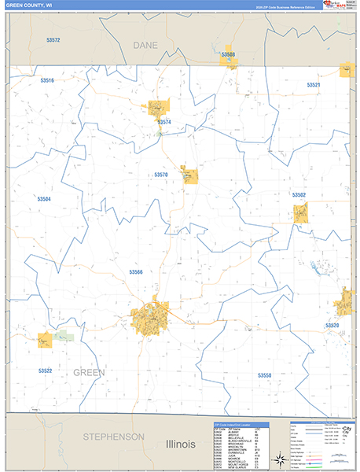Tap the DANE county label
[x=145, y=46]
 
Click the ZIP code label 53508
[x=228, y=54]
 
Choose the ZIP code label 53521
[x=314, y=85]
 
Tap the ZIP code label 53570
[x=161, y=174]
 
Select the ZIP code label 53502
[x=299, y=194]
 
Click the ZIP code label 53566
[x=136, y=271]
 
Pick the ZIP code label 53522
[x=45, y=370]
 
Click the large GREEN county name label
[x=89, y=372]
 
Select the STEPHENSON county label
[x=115, y=437]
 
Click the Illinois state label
[x=180, y=444]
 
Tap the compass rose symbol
[x=278, y=460]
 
